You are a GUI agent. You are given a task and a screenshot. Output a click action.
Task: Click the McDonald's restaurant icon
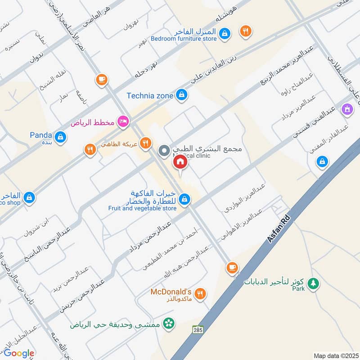[201, 293]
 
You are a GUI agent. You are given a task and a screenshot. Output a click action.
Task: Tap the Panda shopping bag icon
[60, 136]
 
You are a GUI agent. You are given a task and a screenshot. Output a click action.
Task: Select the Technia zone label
[150, 95]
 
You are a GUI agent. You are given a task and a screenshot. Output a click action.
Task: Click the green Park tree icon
[314, 284]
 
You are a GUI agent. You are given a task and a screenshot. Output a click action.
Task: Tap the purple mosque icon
[347, 108]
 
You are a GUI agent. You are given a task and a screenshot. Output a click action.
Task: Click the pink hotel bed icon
[122, 121]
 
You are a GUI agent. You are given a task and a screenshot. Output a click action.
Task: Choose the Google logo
[19, 353]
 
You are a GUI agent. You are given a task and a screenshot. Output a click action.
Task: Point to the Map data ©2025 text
[335, 355]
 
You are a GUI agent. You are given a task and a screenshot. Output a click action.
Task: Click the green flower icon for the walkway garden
[168, 324]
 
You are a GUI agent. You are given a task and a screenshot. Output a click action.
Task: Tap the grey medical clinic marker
[164, 150]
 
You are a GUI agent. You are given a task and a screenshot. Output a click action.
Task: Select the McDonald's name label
[171, 292]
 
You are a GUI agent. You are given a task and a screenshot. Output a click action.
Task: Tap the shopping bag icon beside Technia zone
[182, 94]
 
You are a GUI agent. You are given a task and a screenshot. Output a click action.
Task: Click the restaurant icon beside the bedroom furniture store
[246, 31]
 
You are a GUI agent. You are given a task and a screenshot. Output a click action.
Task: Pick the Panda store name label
[41, 134]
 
